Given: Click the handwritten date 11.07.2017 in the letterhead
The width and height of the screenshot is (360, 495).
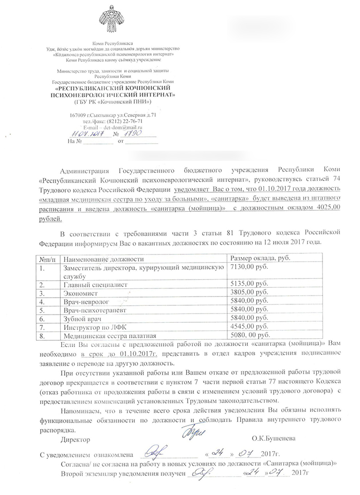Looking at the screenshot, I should (87, 133).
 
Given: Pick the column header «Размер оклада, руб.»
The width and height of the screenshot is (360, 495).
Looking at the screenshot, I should (260, 259).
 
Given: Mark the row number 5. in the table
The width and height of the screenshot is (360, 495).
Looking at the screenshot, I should (42, 309).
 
